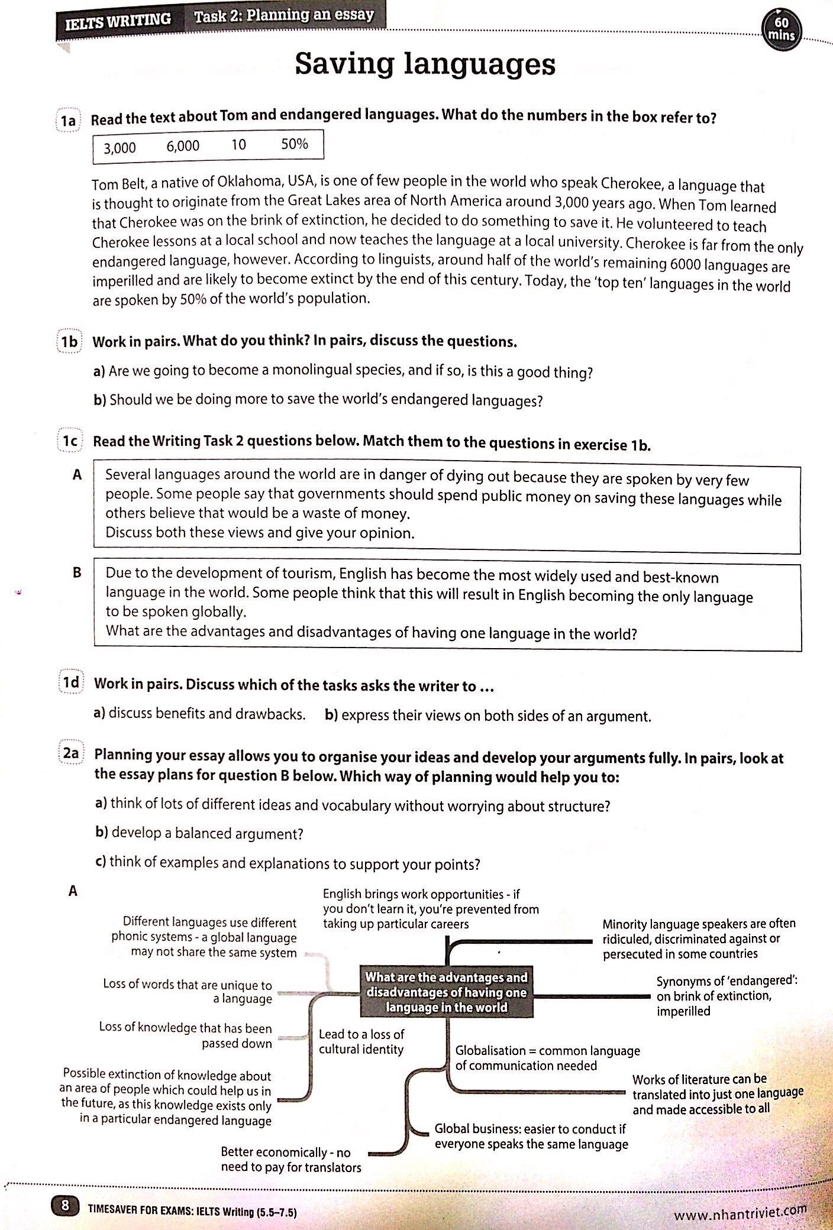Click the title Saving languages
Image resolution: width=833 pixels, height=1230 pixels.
[425, 64]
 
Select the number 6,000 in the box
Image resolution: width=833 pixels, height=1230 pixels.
[183, 146]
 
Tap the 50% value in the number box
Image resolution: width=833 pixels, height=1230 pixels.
[294, 144]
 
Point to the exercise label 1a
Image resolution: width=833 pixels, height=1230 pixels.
[69, 121]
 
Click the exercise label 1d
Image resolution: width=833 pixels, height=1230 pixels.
[71, 682]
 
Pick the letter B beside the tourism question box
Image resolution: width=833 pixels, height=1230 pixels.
[76, 572]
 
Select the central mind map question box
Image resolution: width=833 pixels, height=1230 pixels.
[446, 992]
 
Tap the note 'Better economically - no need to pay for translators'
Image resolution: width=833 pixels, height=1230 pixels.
[290, 1160]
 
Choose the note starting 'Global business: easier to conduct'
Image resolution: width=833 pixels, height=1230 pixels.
[531, 1136]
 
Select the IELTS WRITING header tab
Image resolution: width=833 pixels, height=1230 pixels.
[118, 20]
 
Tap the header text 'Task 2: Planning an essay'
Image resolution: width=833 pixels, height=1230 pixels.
[284, 15]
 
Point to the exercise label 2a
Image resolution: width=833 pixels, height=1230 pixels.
[71, 753]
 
